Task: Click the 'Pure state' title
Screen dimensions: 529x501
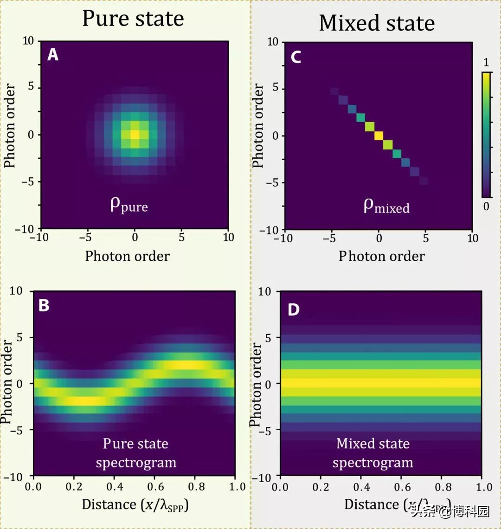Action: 133,19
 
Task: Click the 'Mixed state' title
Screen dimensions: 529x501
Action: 377,23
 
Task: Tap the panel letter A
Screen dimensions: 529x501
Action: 53,55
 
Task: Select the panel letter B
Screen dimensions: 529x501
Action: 44,306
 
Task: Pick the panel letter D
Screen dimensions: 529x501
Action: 294,310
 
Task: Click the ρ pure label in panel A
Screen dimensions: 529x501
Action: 128,205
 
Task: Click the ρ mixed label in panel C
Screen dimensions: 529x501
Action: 386,206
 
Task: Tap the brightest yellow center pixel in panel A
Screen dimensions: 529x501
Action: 135,134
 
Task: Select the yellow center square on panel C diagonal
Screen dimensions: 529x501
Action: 379,135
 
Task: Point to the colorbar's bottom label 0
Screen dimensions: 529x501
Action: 486,206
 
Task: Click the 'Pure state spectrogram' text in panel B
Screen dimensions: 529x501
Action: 135,452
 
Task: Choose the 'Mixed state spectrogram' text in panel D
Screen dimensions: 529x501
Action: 373,453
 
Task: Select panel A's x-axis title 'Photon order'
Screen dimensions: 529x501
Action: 128,256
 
